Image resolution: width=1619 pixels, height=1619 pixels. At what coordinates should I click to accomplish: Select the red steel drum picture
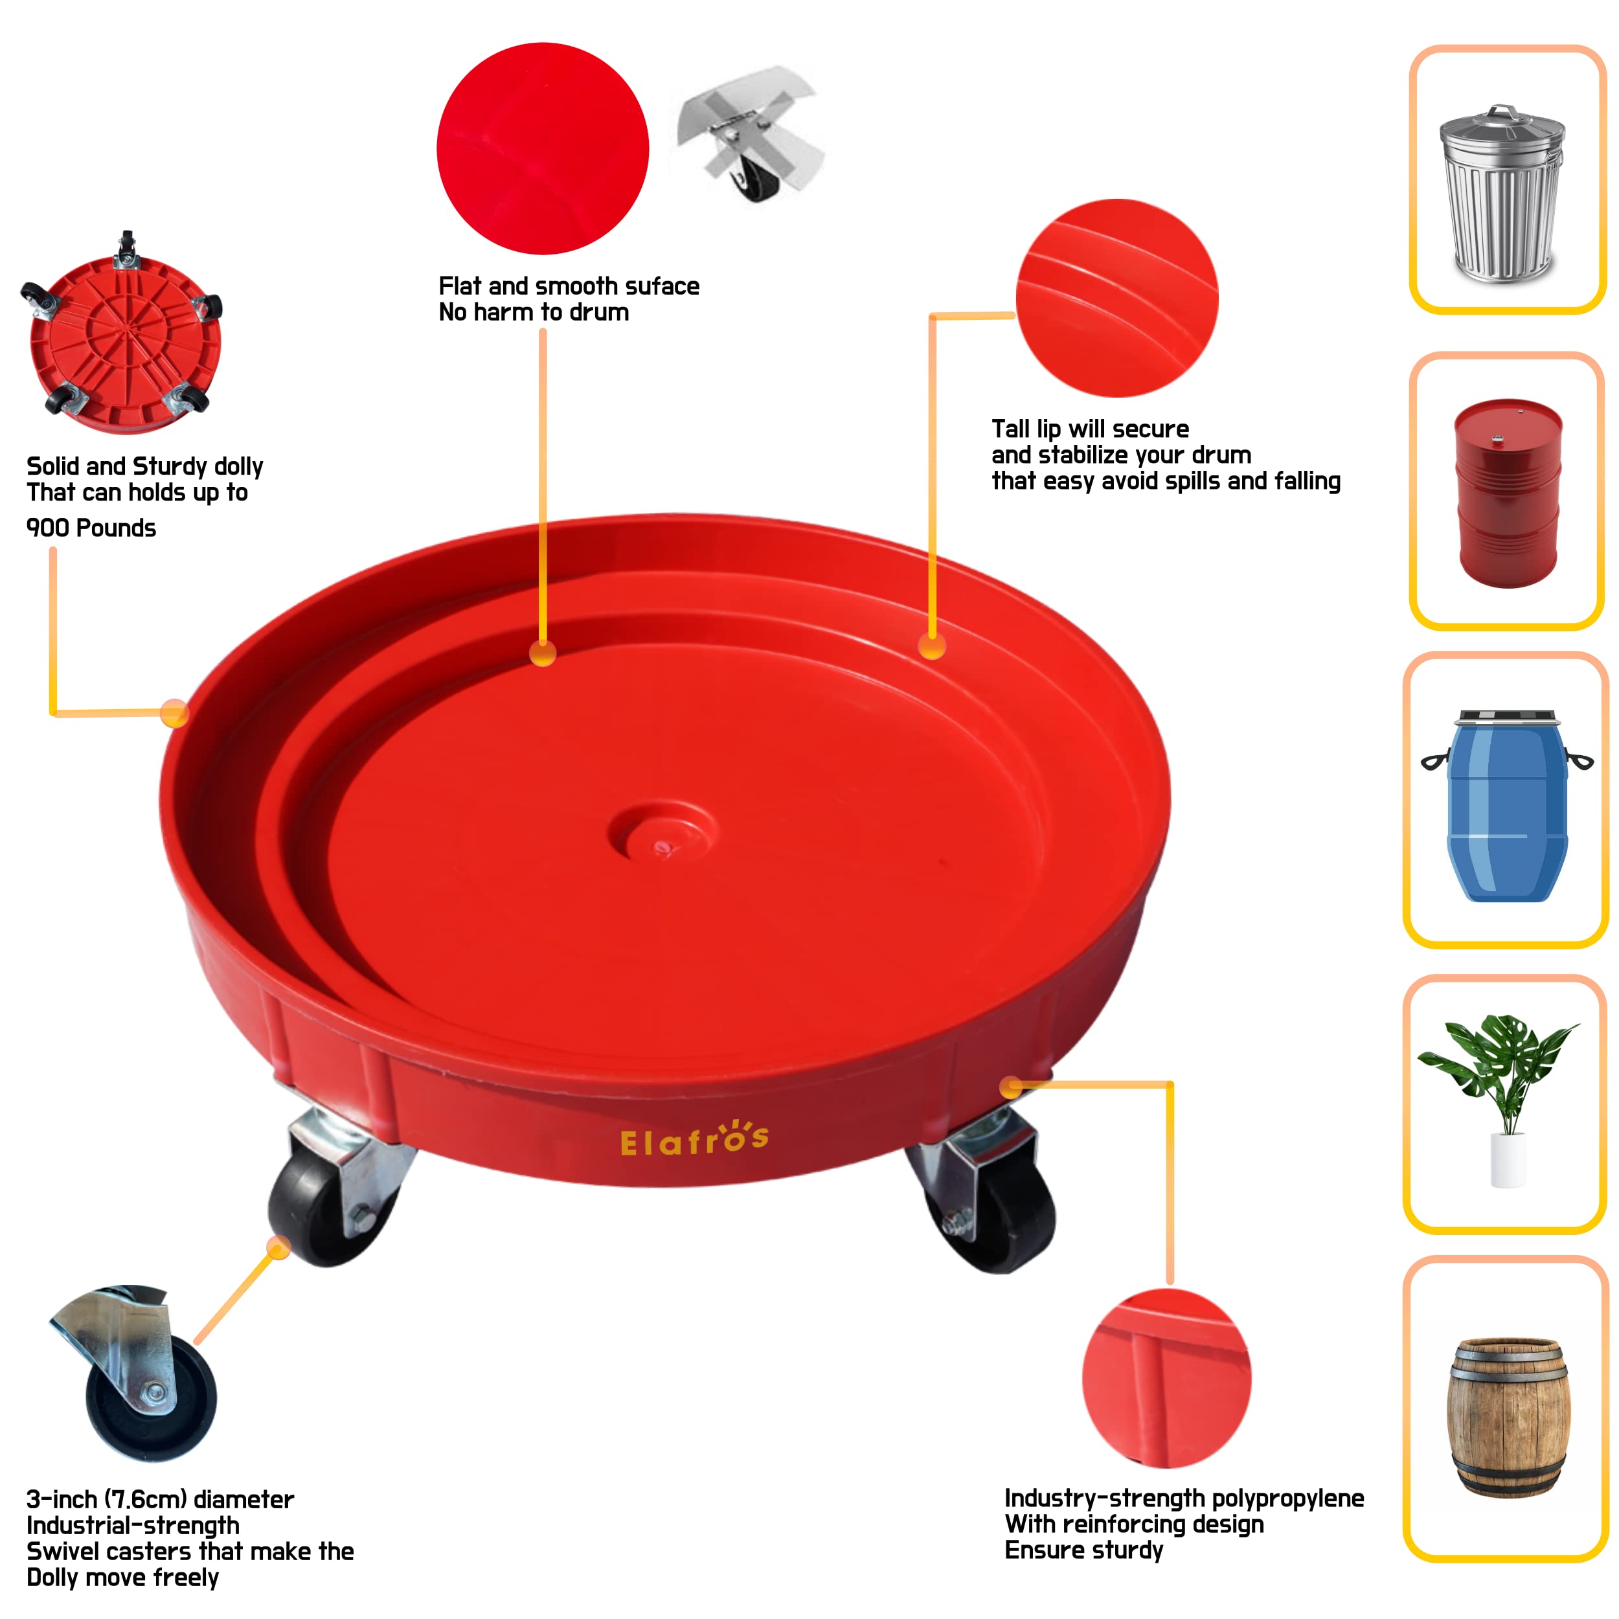[1508, 493]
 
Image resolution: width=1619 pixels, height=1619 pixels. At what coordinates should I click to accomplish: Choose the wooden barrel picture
[1508, 1416]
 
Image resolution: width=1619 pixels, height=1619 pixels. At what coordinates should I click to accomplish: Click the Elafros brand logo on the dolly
[694, 1140]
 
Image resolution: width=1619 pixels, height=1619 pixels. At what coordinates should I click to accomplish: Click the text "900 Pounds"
[91, 528]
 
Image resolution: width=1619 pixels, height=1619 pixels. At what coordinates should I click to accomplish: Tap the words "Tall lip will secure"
[1089, 429]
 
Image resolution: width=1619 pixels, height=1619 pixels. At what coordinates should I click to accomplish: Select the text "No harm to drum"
[534, 313]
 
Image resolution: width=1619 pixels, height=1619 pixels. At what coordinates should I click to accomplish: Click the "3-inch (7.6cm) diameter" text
[160, 1499]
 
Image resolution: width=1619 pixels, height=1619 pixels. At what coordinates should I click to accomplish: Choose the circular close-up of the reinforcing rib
[1166, 1379]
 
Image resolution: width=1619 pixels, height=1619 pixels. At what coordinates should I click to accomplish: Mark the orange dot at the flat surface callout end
[543, 653]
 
